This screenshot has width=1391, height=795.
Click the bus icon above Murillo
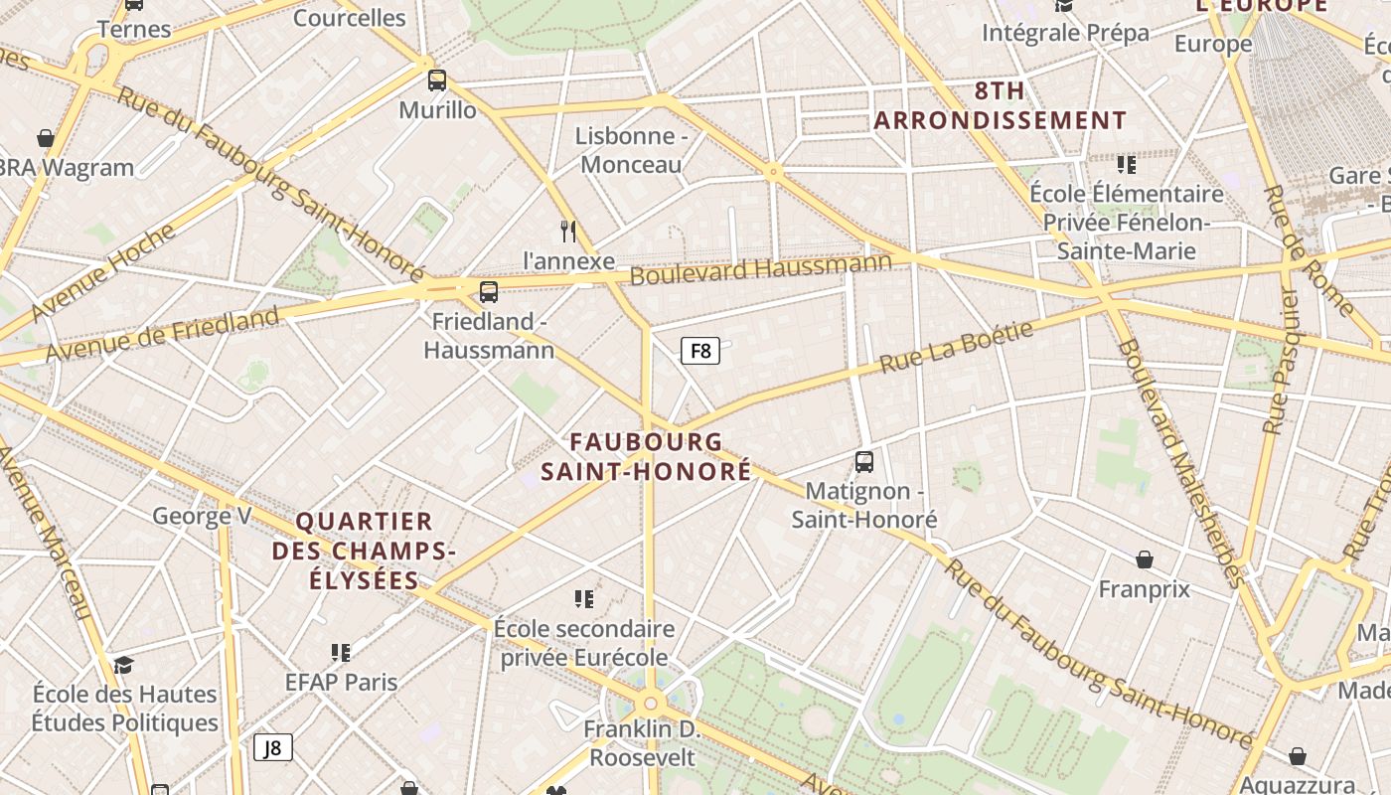click(436, 80)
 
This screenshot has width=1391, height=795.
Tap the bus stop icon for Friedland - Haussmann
click(488, 292)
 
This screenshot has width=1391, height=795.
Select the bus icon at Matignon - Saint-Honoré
click(863, 462)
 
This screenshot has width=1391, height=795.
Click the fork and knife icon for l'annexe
click(568, 232)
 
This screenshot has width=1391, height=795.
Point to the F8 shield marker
click(699, 350)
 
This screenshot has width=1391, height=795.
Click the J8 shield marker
click(273, 747)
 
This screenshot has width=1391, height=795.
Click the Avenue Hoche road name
click(103, 272)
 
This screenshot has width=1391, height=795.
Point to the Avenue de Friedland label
click(162, 335)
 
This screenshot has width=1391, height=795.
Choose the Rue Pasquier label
click(1280, 362)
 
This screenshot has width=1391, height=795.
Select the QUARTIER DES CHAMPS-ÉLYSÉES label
click(364, 551)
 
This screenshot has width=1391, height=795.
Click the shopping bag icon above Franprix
click(1145, 560)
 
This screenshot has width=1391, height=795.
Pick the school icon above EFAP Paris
click(341, 653)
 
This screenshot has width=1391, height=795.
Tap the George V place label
click(202, 516)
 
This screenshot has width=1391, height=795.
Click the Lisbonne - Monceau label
click(631, 150)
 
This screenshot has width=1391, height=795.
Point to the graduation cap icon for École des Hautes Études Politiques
click(123, 665)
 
